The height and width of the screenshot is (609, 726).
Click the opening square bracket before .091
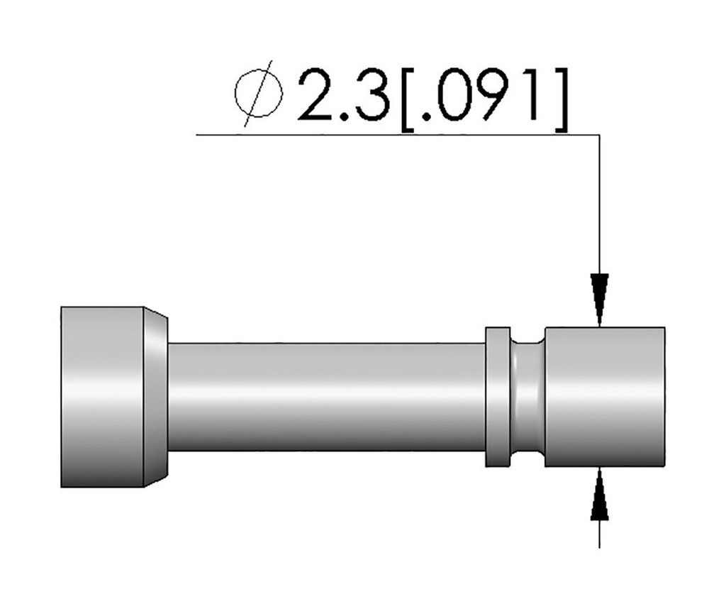(x=410, y=99)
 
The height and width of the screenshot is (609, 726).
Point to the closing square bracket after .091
(x=560, y=99)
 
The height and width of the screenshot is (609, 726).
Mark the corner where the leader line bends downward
(x=600, y=135)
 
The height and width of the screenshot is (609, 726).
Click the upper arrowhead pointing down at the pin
(x=600, y=298)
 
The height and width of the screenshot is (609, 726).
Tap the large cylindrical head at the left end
(x=102, y=397)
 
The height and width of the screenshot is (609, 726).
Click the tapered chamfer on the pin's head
(x=156, y=397)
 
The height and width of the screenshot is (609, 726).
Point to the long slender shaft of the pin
(x=326, y=397)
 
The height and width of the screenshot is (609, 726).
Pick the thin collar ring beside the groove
(x=498, y=397)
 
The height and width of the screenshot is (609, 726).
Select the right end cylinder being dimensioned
(x=604, y=397)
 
